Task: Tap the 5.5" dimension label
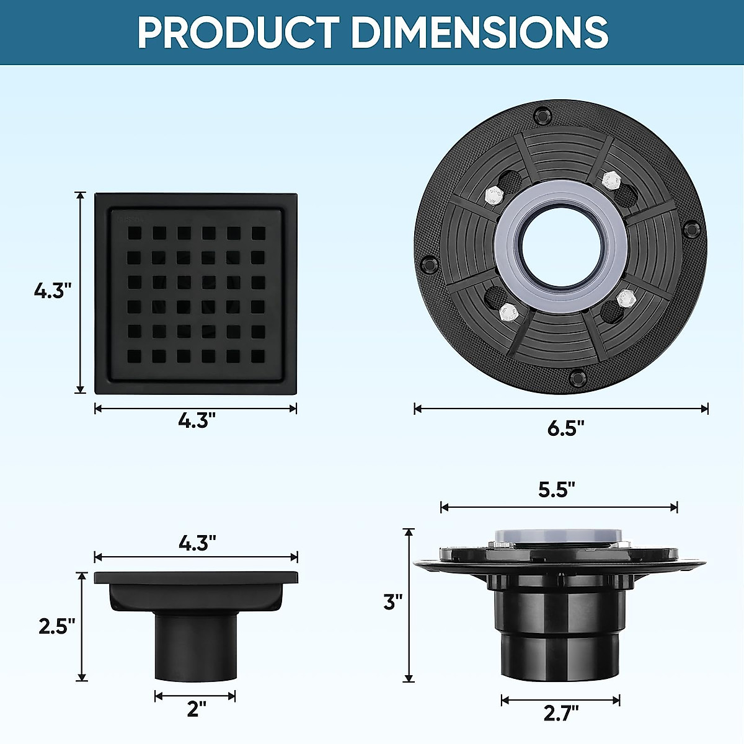click(556, 490)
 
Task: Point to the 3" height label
click(392, 601)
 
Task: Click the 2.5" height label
click(57, 626)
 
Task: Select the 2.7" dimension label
click(561, 713)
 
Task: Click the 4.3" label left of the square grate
click(53, 290)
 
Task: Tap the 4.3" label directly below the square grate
click(197, 421)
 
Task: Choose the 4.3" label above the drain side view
click(197, 544)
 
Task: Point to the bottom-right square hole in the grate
click(258, 356)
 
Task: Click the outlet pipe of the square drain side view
click(195, 648)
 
